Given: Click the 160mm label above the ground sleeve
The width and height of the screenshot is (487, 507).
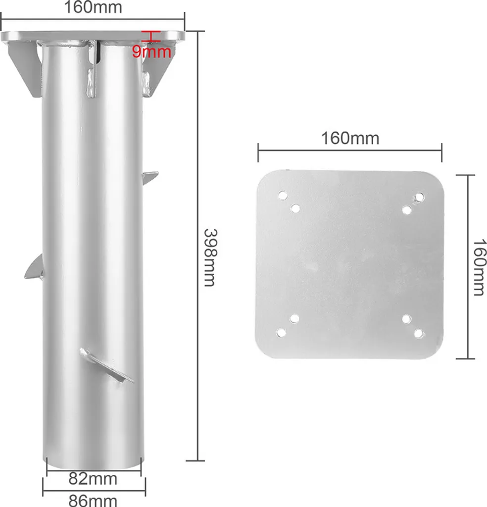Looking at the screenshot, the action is tap(93, 7).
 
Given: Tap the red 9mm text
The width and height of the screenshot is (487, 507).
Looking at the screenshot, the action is tap(151, 51).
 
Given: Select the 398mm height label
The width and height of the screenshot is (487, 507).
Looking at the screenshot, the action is tap(210, 257).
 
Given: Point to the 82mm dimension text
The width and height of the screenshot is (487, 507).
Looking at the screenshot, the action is tap(93, 479).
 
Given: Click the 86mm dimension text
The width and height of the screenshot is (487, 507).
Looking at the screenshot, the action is tap(93, 500).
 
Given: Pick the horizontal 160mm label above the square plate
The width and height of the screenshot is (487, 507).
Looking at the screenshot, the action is tap(350, 139).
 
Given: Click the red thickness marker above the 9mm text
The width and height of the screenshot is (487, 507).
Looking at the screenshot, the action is tap(151, 36).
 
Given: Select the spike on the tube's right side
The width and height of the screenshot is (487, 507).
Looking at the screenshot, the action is tap(150, 178).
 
